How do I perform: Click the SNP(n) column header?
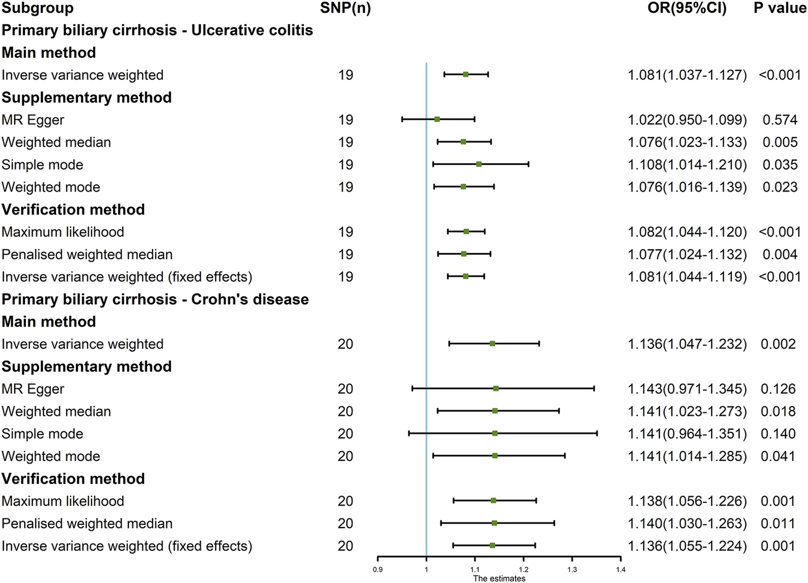pos(346,8)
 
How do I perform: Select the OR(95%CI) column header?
pos(687,8)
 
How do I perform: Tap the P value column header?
pos(780,8)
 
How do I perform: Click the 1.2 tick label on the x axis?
pos(524,570)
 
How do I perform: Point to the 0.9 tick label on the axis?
pos(378,570)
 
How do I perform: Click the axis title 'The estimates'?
pos(499,578)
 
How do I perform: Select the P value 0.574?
pos(780,120)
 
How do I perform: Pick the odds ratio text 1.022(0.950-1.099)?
pos(687,120)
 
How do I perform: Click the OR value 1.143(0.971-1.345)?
pos(687,389)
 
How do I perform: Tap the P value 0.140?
pos(778,433)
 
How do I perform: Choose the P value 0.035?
pos(780,164)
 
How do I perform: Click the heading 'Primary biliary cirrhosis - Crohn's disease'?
pos(155,299)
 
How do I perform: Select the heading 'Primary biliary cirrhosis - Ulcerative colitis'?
pos(157,30)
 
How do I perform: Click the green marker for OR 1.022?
pos(437,119)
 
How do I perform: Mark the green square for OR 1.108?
pos(479,164)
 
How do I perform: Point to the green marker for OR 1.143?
pos(496,388)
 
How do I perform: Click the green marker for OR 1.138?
pos(494,500)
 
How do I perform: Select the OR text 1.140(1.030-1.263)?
pos(687,523)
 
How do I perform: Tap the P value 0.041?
pos(778,456)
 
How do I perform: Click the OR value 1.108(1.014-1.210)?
pos(687,164)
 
